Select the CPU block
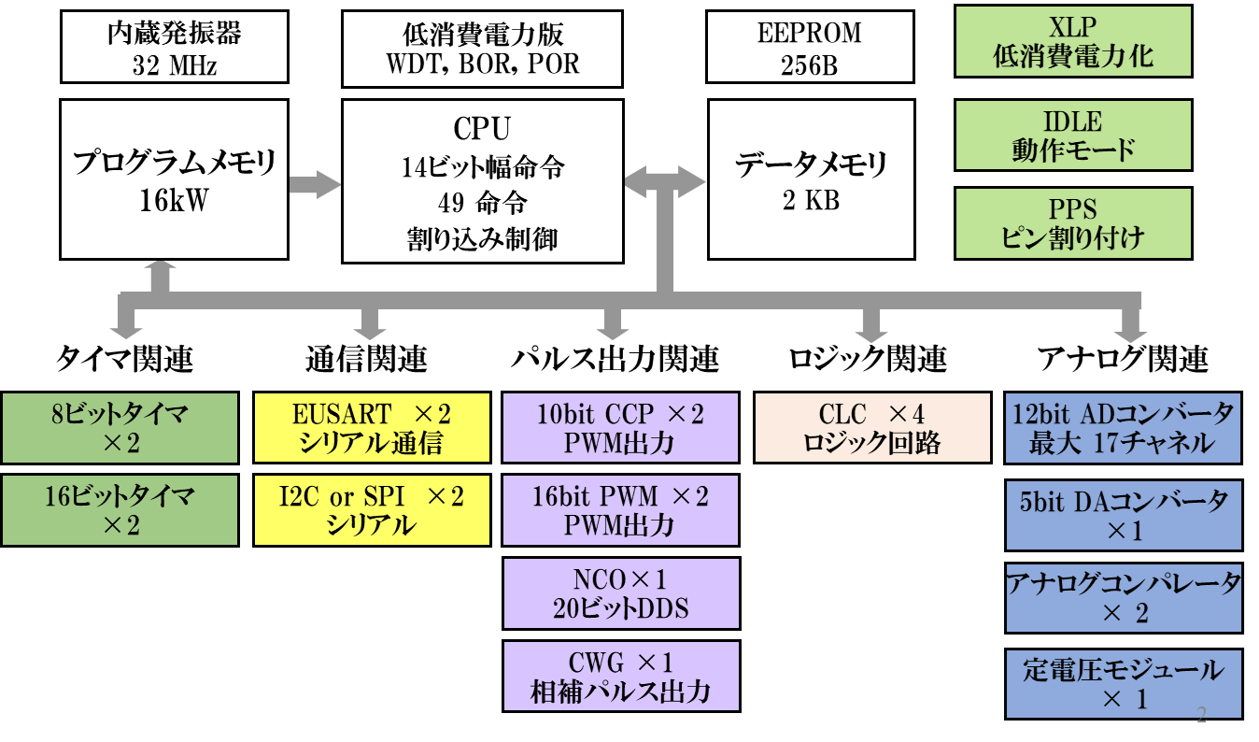click(482, 181)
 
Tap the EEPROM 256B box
click(810, 48)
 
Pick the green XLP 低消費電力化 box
click(1073, 41)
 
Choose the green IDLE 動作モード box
click(1073, 135)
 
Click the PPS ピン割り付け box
click(1073, 223)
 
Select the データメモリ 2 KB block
click(810, 180)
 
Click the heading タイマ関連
click(124, 358)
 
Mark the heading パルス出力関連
click(615, 358)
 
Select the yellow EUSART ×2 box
click(372, 428)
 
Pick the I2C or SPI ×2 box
click(372, 510)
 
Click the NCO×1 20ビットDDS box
click(621, 593)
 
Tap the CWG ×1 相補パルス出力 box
click(621, 677)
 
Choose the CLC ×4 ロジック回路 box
click(872, 428)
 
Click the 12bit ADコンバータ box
click(1124, 428)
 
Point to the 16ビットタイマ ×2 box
click(120, 510)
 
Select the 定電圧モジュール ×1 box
click(1124, 684)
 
